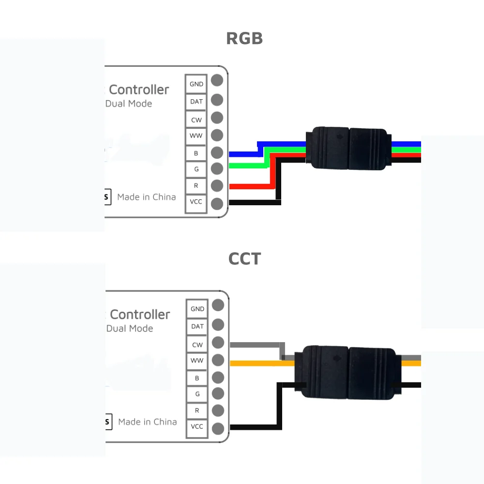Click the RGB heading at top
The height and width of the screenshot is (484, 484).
click(244, 38)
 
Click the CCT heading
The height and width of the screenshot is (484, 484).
click(244, 259)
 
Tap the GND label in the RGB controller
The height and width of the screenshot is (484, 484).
click(196, 84)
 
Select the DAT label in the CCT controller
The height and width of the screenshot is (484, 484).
click(197, 326)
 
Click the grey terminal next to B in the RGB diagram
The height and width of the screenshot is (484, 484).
click(217, 152)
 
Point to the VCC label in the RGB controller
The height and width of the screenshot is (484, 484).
click(196, 201)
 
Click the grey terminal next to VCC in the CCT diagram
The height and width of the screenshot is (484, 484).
click(218, 428)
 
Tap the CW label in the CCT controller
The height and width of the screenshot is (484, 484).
click(197, 345)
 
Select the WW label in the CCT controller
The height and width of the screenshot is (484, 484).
click(197, 361)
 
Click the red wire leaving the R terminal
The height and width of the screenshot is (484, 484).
click(247, 186)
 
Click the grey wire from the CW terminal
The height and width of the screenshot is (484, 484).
click(257, 345)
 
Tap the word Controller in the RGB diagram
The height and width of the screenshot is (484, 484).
click(139, 90)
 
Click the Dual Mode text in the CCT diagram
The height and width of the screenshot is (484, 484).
click(130, 328)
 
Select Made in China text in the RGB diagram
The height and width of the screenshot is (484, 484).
click(146, 197)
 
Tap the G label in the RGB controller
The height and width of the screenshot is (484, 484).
click(196, 169)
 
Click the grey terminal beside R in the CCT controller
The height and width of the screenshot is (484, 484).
click(218, 410)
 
